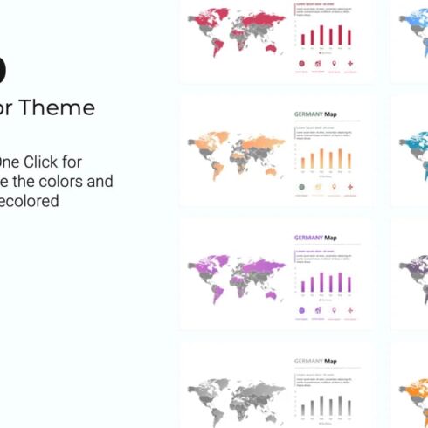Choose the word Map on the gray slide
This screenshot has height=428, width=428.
[331, 359]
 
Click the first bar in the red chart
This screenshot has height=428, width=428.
[303, 39]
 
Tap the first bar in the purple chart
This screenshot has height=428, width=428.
[303, 285]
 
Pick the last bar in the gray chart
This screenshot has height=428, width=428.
[350, 406]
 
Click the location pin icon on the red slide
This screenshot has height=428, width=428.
[334, 64]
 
